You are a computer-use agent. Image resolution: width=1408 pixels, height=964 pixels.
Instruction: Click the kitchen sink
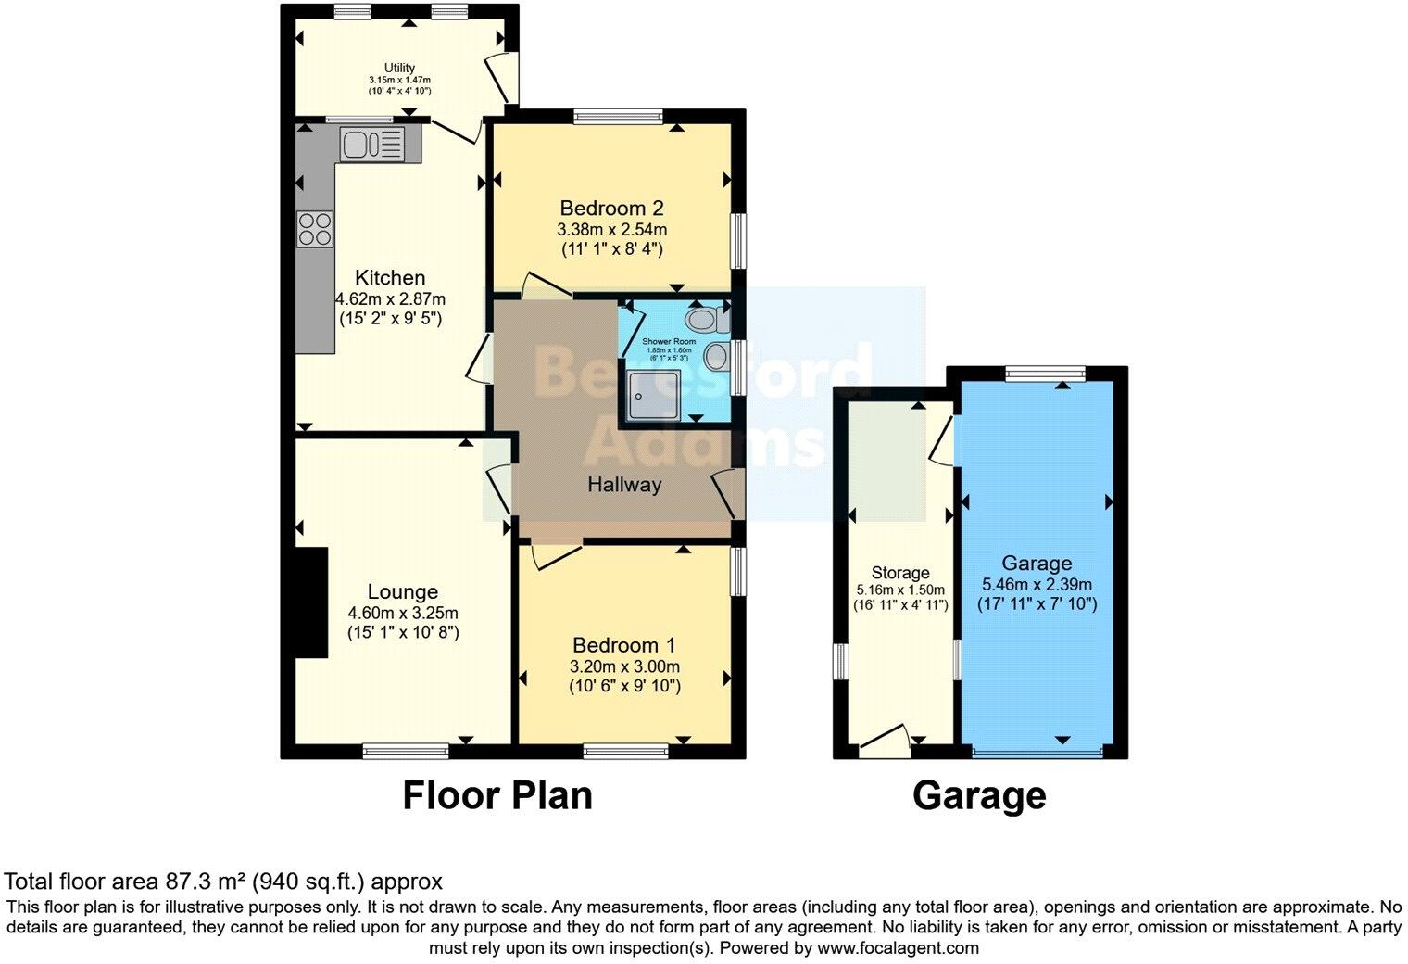pyautogui.click(x=371, y=144)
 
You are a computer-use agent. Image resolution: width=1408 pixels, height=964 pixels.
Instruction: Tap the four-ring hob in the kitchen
pyautogui.click(x=315, y=228)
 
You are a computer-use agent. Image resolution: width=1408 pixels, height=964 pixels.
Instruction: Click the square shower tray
pyautogui.click(x=652, y=394)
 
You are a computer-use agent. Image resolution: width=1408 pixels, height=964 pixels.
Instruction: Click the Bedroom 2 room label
pyautogui.click(x=611, y=208)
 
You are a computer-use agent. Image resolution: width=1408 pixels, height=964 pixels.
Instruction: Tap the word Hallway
pyautogui.click(x=624, y=484)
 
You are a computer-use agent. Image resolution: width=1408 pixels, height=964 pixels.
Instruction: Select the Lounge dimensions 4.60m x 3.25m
pyautogui.click(x=403, y=613)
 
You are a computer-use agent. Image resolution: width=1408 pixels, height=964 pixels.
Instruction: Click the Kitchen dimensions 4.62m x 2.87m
pyautogui.click(x=390, y=298)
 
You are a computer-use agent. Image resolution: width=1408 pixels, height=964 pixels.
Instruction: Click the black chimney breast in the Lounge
pyautogui.click(x=312, y=602)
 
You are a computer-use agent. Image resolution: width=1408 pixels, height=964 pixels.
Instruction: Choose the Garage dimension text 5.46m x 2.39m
pyautogui.click(x=1037, y=584)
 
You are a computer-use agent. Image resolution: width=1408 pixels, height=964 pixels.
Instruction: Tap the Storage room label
pyautogui.click(x=899, y=573)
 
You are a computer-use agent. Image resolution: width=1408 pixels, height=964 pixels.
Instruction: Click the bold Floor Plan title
pyautogui.click(x=497, y=795)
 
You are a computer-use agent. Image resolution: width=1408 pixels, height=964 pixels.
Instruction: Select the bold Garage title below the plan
pyautogui.click(x=979, y=795)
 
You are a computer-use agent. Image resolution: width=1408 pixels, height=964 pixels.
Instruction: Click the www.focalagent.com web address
pyautogui.click(x=896, y=947)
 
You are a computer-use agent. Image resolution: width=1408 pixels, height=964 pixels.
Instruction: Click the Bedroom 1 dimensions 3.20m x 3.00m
pyautogui.click(x=624, y=666)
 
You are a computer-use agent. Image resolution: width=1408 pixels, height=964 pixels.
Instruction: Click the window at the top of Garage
pyautogui.click(x=1046, y=373)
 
